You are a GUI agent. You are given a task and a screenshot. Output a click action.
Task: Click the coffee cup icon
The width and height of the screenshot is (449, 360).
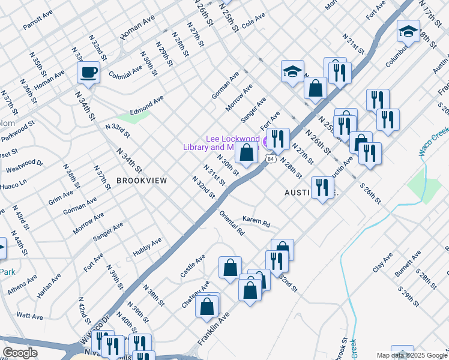88,73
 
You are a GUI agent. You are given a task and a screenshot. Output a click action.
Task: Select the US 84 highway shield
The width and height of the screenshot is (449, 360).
271,159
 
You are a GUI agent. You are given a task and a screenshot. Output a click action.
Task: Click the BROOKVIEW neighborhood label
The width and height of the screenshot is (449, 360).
141,180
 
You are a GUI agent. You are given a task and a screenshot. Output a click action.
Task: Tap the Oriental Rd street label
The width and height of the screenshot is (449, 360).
232,223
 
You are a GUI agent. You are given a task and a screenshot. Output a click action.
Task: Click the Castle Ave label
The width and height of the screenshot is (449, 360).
193,266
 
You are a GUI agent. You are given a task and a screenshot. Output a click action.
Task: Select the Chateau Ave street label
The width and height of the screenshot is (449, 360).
196,295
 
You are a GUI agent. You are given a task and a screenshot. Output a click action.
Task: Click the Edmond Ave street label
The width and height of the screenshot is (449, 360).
146,103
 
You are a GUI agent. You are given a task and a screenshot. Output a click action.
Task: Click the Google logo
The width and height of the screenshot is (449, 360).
20,353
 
